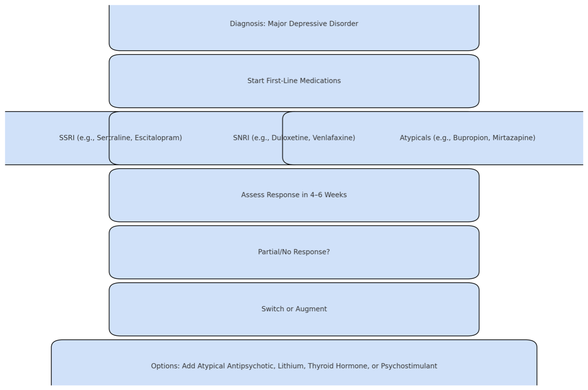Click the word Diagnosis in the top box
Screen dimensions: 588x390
point(248,24)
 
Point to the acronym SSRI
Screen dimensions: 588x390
point(67,138)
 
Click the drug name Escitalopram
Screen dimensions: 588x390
point(158,138)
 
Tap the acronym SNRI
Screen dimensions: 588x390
point(241,138)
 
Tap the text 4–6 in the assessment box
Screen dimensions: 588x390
point(316,195)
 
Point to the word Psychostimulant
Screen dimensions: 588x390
point(409,366)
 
